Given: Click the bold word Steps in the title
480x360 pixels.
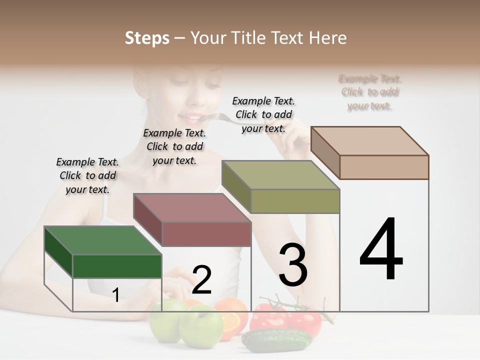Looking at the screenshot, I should pos(147,38).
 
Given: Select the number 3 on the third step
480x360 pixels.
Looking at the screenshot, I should pos(293,265).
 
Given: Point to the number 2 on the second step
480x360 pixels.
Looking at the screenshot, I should pos(201,280).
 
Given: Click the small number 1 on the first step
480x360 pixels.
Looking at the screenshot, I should pos(115,295).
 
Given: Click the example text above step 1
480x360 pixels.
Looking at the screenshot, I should pos(87,175).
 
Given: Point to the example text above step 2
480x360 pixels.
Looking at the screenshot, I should pos(174,146).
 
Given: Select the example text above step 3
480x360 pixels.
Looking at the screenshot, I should pos(263,114).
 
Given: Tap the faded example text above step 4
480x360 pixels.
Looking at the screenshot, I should pos(370,92).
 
